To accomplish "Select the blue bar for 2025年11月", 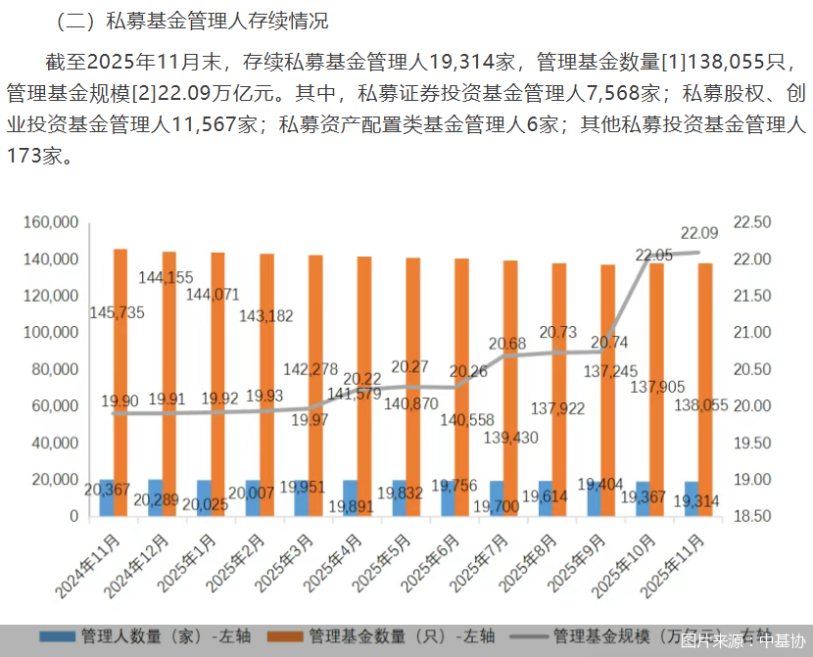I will pos(692,498).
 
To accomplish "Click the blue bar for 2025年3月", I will pos(301,498).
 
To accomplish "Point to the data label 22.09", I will pos(699,233).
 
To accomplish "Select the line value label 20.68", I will pos(507,344).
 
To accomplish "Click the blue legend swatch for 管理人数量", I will pos(58,637).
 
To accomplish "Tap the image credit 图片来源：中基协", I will pos(743,640).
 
